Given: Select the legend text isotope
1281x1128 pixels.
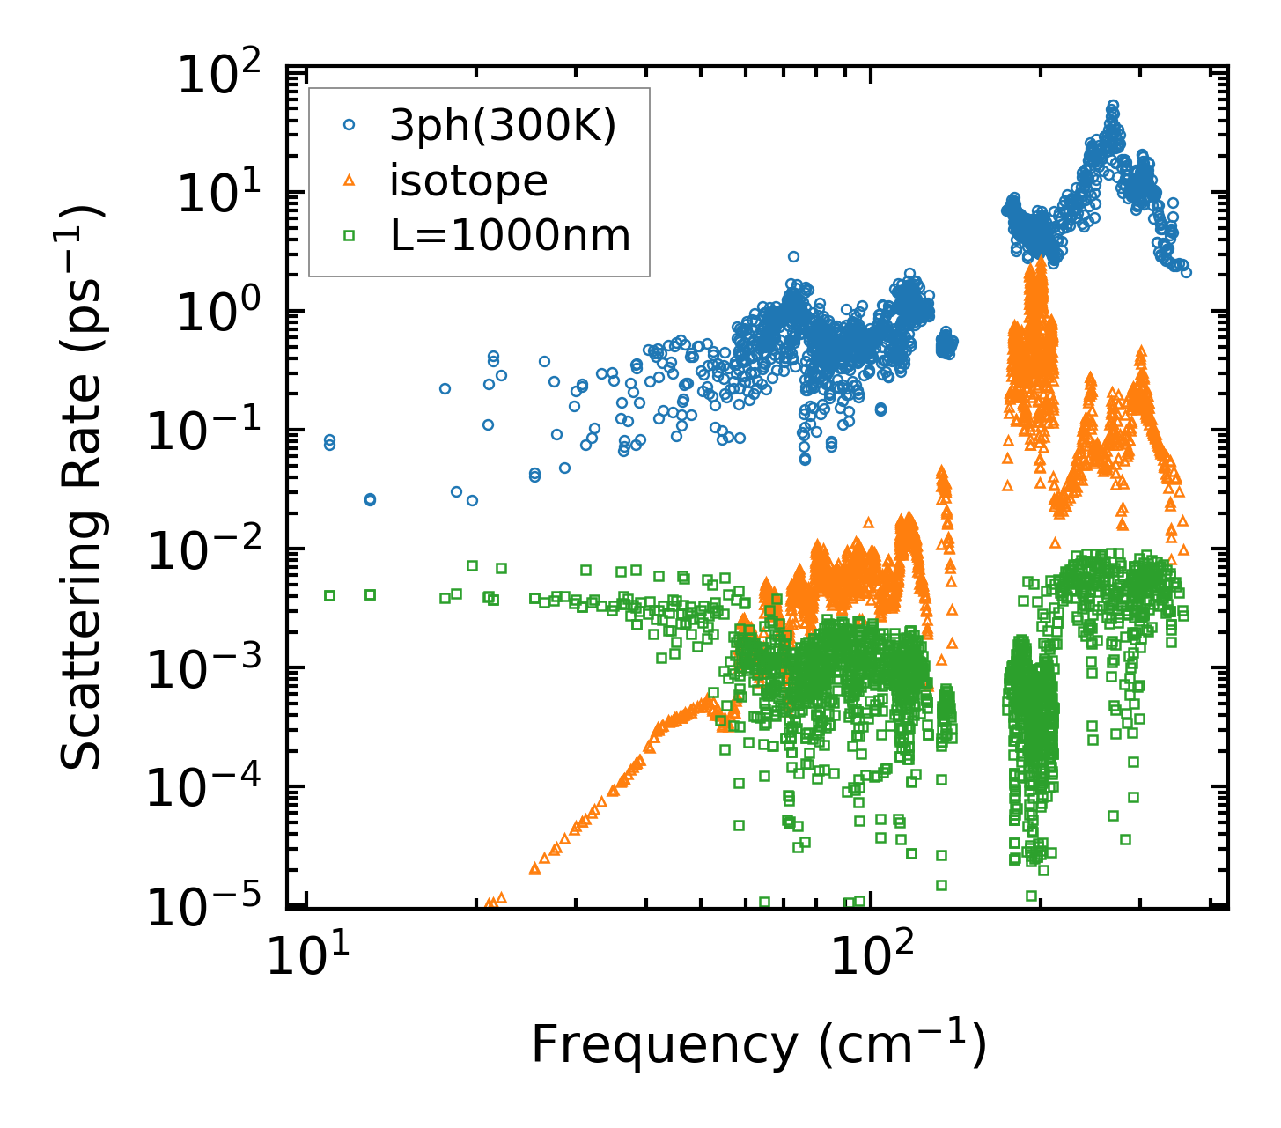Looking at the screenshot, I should coord(468,181).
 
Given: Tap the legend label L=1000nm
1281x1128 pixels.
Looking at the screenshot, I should coord(510,235).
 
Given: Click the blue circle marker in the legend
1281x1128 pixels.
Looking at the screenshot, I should coord(349,126).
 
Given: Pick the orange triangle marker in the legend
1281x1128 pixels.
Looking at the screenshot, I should coord(349,181).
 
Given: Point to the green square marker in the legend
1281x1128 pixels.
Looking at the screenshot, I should coord(349,235).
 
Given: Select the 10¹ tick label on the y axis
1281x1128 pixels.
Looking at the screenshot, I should coord(228,195).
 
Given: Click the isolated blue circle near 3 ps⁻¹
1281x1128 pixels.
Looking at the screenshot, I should coord(793,257).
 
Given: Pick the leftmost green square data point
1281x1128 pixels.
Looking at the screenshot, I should coord(330,595).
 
